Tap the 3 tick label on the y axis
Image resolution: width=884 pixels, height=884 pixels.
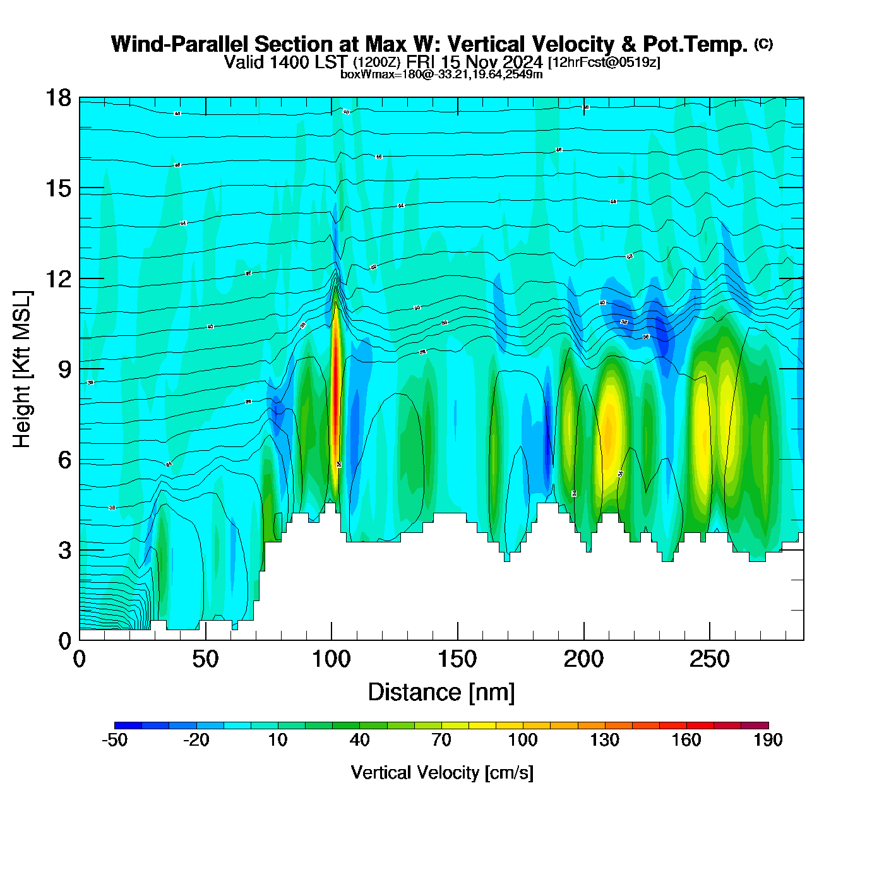(x=64, y=551)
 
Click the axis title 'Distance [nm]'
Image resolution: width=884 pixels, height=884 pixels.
(x=441, y=692)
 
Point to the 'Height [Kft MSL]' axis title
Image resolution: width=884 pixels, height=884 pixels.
(x=22, y=369)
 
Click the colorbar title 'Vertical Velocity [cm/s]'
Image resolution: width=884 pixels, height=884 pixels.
(x=442, y=772)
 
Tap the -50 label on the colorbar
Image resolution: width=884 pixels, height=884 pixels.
(x=114, y=740)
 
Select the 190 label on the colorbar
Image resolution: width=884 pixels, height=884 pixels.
(x=768, y=740)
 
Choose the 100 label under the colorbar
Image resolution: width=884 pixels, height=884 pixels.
(x=523, y=740)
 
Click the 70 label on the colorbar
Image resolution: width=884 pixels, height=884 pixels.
(x=441, y=740)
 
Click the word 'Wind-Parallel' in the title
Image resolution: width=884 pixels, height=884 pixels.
(x=181, y=44)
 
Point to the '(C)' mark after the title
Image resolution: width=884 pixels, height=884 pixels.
(x=763, y=44)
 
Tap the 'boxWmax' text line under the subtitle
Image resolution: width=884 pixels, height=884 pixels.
(x=441, y=74)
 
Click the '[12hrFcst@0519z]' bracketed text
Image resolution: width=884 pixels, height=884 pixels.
(x=604, y=63)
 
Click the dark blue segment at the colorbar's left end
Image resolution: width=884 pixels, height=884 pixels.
(x=128, y=726)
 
